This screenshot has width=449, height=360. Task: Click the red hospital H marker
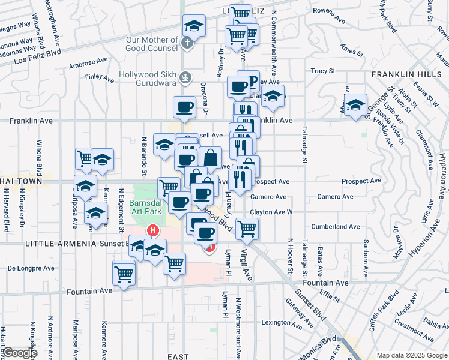(x=154, y=230)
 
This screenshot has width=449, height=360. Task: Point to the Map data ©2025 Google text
(x=411, y=355)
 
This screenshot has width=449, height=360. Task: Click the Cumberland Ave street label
(x=335, y=227)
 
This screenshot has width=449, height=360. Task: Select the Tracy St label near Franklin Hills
(x=322, y=71)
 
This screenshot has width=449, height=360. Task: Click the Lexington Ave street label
(x=276, y=322)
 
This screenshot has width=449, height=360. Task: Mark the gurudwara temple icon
(x=186, y=77)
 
